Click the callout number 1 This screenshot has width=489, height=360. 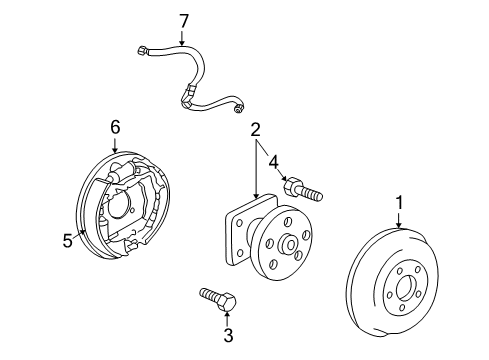[x=399, y=204]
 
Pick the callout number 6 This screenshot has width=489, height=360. [x=115, y=126]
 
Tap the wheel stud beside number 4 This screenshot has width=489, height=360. [x=301, y=188]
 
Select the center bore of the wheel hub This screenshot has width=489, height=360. [x=287, y=244]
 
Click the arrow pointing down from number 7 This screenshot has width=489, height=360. [x=182, y=37]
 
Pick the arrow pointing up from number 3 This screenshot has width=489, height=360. [x=228, y=316]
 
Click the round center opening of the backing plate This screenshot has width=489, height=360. [x=118, y=206]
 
